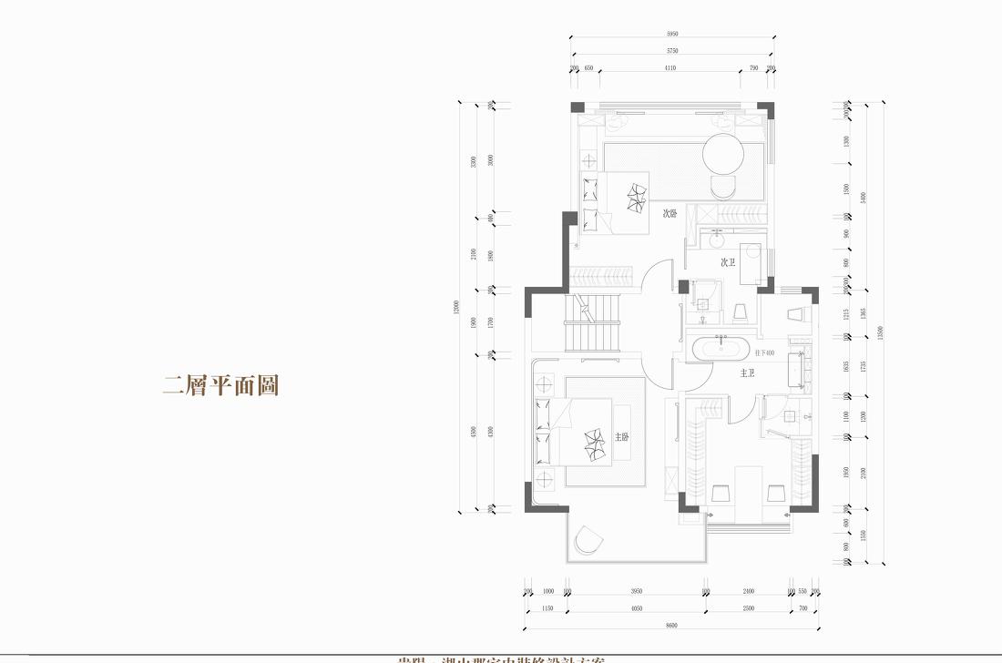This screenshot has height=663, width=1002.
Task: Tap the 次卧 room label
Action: pos(670,214)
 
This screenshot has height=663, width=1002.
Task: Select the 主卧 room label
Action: pos(622,437)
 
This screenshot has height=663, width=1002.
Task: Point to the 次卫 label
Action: pos(728,262)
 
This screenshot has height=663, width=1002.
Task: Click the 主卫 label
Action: pos(747,373)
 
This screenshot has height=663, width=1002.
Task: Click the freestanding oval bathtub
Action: pos(721,349)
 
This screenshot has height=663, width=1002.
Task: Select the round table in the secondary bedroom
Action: pos(724,155)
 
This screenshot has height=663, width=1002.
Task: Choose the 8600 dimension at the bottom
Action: pos(671,626)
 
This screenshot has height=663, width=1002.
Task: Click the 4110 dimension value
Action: pos(670,68)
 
